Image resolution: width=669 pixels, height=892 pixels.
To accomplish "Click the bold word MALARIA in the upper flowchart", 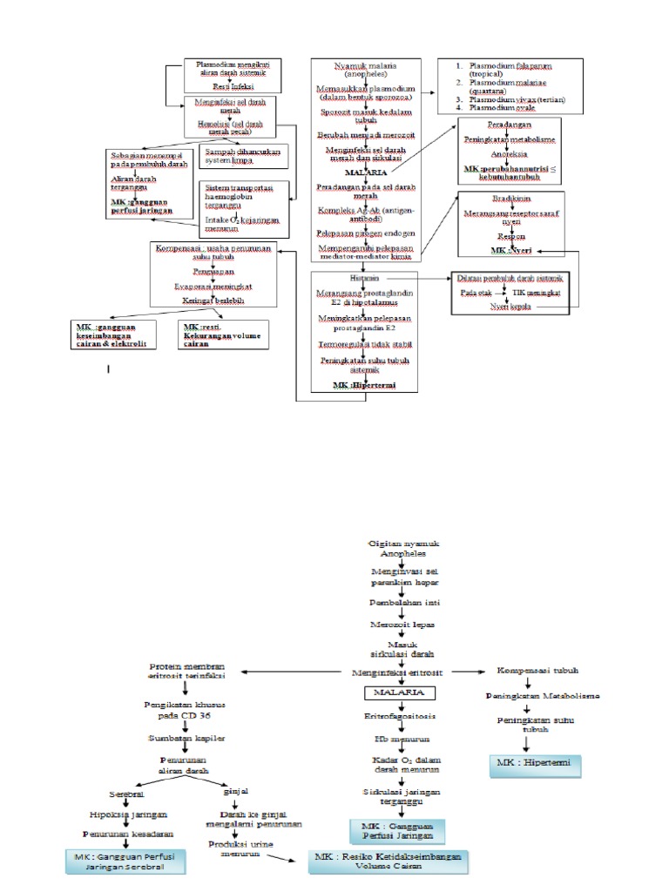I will pos(365,173).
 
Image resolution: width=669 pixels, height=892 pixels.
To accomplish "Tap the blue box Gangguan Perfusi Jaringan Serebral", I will pos(125,862).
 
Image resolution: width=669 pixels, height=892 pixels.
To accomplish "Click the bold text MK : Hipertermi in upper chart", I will pos(365,384).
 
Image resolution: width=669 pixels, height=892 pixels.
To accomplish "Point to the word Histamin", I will pos(364,278).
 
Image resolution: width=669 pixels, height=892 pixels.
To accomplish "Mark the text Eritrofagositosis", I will pos(399,715).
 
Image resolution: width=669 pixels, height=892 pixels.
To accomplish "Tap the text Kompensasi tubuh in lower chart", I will pos(537,671).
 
